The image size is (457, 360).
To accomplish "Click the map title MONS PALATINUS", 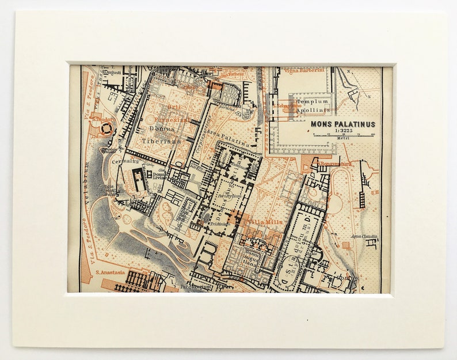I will coord(342,124).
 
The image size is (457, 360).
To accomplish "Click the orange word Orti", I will coord(174,107).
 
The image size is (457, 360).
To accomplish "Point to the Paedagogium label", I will coord(193,286).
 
